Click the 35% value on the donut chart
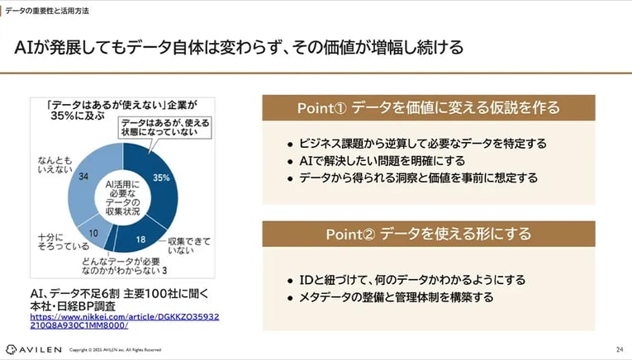tap(163, 177)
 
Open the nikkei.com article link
tap(125, 320)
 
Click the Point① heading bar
tap(428, 108)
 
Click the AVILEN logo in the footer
tap(32, 348)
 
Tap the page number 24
tap(619, 348)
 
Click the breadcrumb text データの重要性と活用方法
tap(47, 11)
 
